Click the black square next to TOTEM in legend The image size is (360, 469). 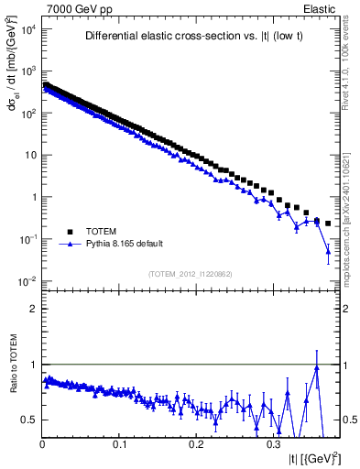click(x=69, y=232)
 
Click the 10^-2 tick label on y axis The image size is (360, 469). click(x=27, y=280)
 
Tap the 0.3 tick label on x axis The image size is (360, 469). click(x=274, y=444)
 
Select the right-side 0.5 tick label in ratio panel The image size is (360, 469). click(x=347, y=420)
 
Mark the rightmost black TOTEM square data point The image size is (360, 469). click(x=328, y=224)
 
